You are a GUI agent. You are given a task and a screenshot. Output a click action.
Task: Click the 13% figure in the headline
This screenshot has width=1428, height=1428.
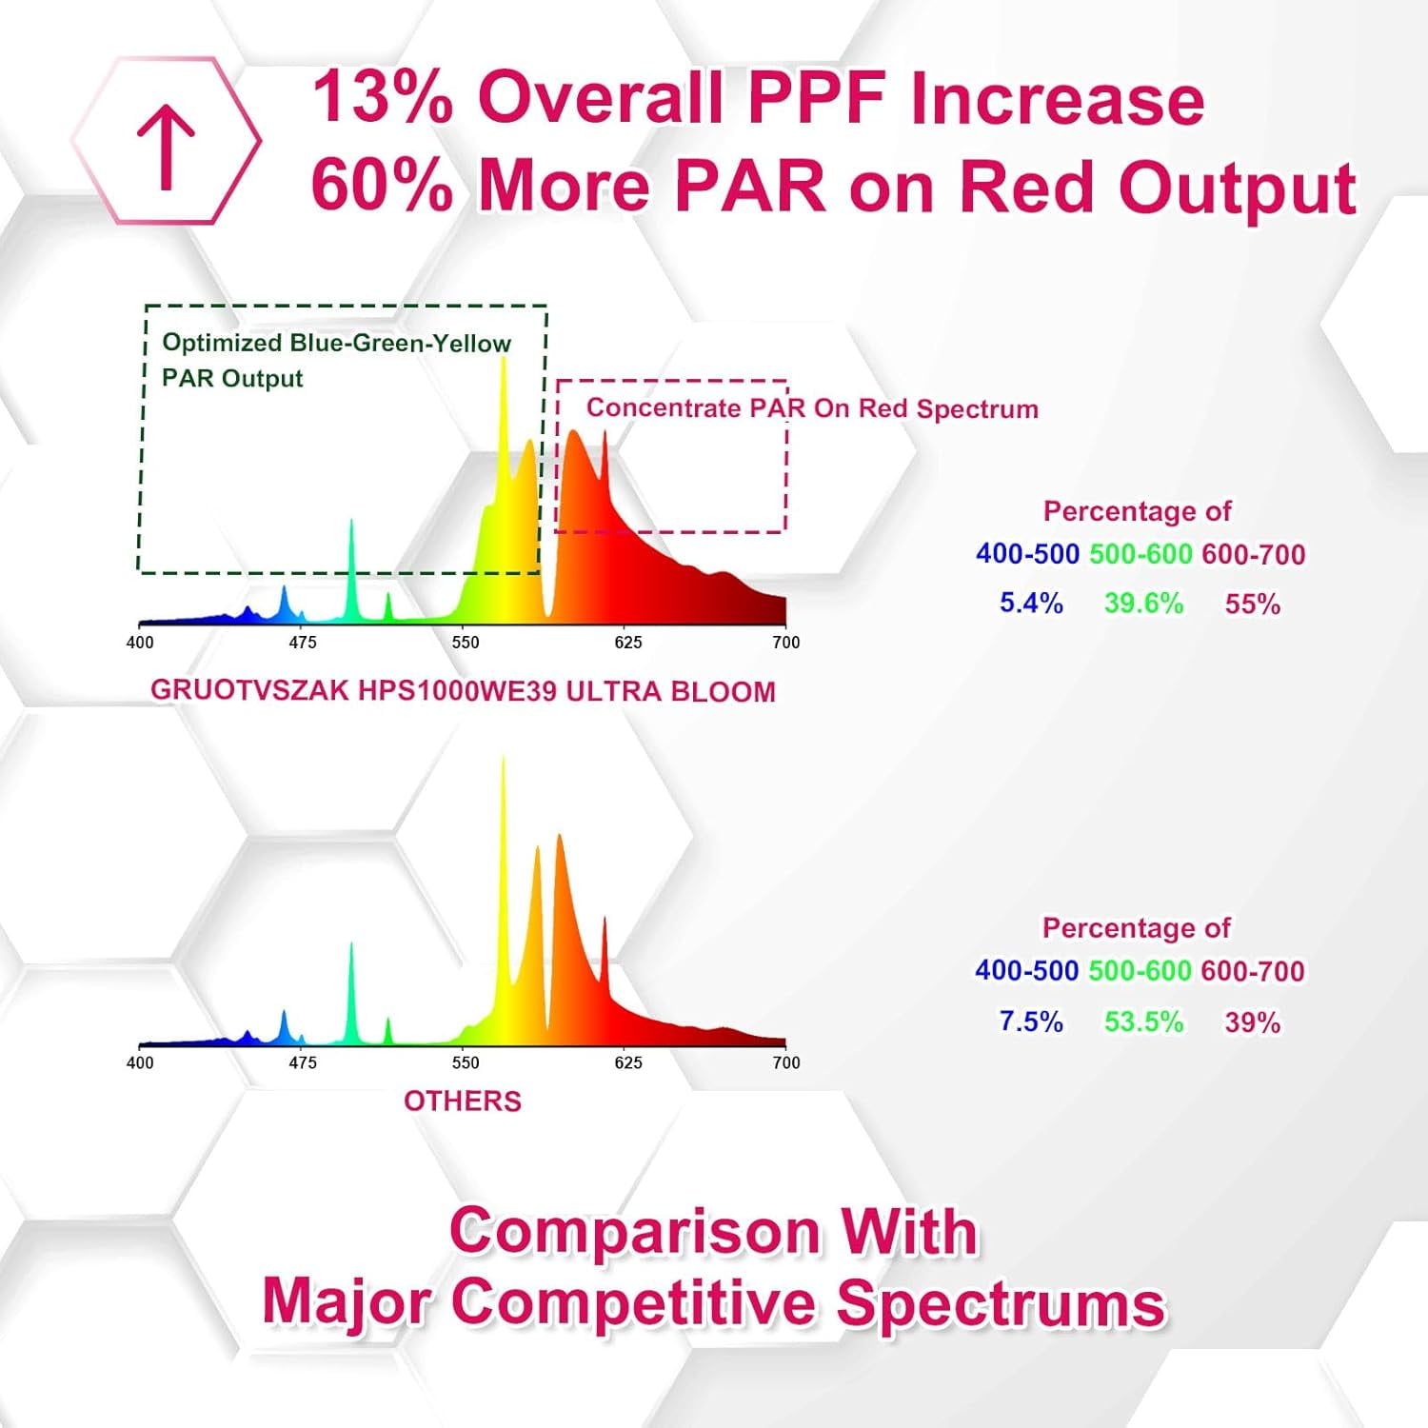point(382,97)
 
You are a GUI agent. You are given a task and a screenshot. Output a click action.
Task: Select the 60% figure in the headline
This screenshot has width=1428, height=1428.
point(382,185)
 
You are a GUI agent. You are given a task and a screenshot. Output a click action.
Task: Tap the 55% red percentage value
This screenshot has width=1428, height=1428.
point(1252,604)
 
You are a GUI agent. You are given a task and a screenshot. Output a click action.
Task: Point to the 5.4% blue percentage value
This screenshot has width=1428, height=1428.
point(1031,603)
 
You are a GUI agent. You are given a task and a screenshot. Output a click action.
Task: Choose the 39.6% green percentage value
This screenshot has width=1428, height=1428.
point(1143,603)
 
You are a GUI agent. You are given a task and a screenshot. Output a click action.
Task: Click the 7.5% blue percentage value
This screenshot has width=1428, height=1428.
point(1031,1021)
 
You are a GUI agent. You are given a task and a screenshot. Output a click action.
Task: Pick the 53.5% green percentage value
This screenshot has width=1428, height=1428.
point(1143,1021)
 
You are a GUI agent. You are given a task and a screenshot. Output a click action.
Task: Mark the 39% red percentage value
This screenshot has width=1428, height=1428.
point(1252,1022)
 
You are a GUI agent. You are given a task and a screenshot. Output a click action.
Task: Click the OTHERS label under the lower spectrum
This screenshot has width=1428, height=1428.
point(463,1101)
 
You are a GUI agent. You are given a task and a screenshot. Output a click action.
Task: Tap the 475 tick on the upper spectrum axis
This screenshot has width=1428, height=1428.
point(303,643)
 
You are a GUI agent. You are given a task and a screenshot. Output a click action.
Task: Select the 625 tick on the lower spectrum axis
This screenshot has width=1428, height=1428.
point(628,1062)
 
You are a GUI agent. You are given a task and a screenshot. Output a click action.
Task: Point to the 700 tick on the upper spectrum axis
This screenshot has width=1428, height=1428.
point(785,643)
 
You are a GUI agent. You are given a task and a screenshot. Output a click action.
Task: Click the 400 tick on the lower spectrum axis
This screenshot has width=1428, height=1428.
point(140,1062)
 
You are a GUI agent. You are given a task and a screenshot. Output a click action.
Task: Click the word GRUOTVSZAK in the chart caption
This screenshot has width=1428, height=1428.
point(249,690)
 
